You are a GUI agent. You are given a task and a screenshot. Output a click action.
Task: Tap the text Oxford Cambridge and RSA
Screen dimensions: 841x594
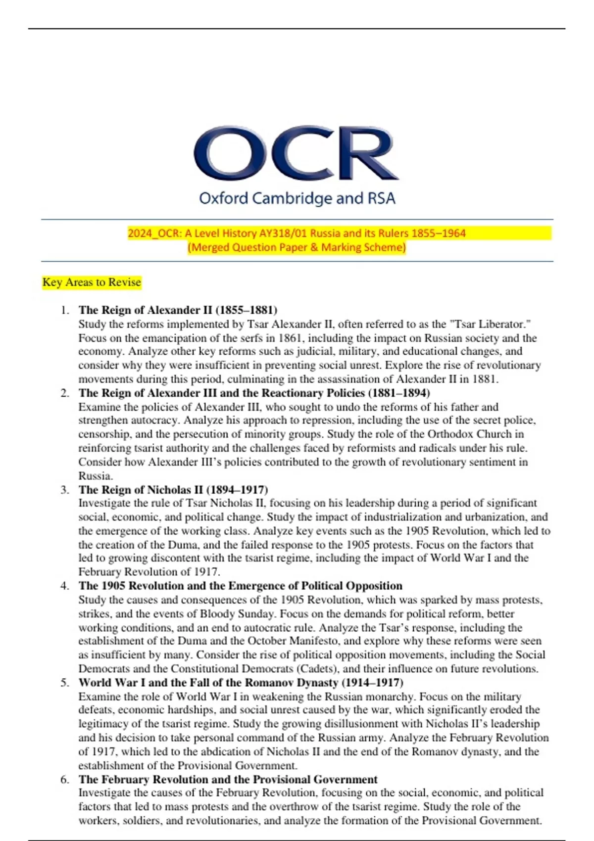tap(297, 198)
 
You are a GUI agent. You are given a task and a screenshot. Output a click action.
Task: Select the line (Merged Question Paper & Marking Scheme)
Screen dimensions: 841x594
tap(297, 247)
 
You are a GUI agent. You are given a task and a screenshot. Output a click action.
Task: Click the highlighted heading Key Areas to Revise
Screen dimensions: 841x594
tap(92, 282)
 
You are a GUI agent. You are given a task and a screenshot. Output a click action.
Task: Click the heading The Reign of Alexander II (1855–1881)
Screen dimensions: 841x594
tap(178, 310)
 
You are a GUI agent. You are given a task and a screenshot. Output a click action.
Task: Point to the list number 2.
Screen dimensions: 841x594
tap(64, 393)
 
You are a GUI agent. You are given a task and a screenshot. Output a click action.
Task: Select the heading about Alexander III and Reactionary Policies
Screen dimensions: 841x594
tap(254, 393)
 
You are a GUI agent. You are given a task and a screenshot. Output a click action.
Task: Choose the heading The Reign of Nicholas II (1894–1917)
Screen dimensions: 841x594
tap(173, 490)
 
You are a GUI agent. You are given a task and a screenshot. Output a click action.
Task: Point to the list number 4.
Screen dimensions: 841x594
tap(64, 586)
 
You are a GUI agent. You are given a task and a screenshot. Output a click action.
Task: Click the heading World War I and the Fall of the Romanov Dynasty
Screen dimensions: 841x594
tap(241, 683)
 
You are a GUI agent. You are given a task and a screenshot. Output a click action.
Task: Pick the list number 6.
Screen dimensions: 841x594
tap(64, 780)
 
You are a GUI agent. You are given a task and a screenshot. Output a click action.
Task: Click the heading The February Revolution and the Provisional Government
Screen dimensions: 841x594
tap(228, 780)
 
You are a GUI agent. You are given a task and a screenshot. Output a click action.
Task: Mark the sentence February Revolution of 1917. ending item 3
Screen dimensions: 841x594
tap(148, 572)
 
